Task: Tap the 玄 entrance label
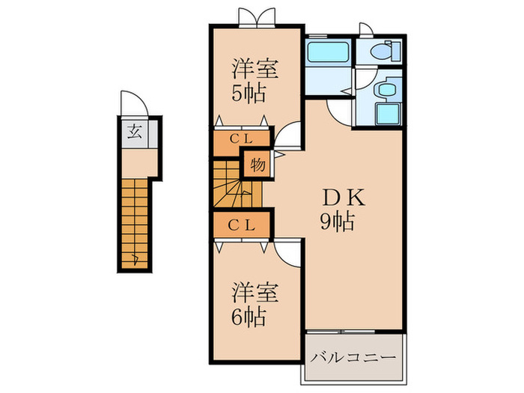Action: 134,133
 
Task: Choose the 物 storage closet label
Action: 256,163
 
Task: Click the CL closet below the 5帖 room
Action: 240,138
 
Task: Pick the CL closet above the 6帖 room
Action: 240,224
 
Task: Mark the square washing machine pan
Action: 388,114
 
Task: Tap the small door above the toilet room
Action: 367,29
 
